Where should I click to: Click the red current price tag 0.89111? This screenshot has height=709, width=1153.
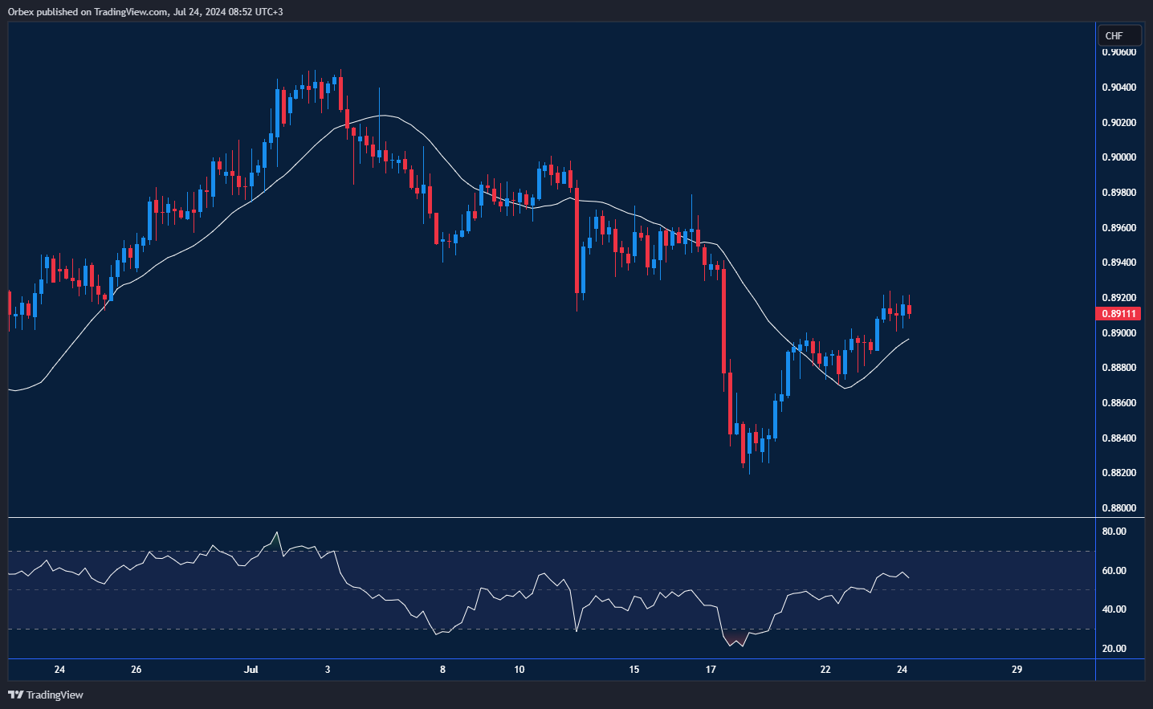click(x=1118, y=314)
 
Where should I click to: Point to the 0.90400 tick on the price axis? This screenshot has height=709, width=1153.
click(x=1118, y=88)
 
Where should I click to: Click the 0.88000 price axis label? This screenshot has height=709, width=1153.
click(x=1118, y=508)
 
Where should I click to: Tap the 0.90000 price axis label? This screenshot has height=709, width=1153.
click(x=1118, y=157)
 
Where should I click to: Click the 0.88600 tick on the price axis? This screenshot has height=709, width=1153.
click(x=1118, y=403)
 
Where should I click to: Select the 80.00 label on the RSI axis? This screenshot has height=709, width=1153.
click(x=1114, y=532)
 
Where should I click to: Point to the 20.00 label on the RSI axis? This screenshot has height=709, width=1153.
click(x=1114, y=649)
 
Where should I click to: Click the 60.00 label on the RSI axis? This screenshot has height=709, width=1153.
click(x=1114, y=571)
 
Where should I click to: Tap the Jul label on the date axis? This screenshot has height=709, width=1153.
click(x=251, y=670)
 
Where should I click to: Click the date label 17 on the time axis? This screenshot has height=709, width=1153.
click(x=711, y=670)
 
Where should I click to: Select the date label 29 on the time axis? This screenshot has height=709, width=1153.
click(x=1017, y=670)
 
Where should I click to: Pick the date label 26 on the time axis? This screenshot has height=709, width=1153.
click(x=136, y=670)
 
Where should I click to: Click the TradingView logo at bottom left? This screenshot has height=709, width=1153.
click(x=46, y=695)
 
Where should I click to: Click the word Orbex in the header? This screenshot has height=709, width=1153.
click(x=21, y=12)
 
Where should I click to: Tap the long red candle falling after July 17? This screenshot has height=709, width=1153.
click(x=724, y=321)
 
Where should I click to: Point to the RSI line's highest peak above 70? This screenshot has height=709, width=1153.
click(x=277, y=532)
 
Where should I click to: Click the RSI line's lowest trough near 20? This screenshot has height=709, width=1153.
click(x=731, y=646)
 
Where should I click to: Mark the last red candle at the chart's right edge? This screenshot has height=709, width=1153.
click(x=909, y=310)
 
